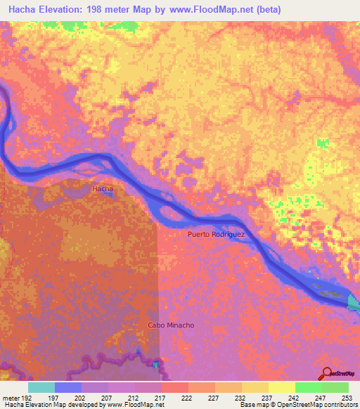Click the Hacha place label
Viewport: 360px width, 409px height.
click(103, 189)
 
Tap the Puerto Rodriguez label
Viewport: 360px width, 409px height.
click(217, 235)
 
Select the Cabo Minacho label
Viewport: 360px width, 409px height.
click(170, 325)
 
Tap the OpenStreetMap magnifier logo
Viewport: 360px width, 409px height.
click(326, 374)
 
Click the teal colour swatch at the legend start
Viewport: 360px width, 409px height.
click(41, 387)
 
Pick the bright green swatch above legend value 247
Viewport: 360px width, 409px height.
click(309, 387)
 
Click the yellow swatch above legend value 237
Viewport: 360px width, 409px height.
click(255, 387)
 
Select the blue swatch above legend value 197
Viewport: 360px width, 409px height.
click(68, 387)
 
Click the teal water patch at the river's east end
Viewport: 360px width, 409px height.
click(354, 302)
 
